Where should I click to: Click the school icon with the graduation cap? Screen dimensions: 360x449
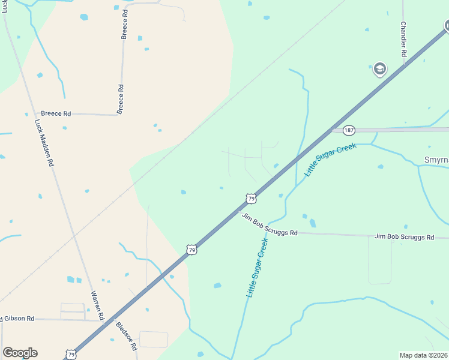pyautogui.click(x=379, y=69)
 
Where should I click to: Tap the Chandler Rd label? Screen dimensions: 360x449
pyautogui.click(x=404, y=40)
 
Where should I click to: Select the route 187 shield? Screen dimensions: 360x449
pyautogui.click(x=349, y=130)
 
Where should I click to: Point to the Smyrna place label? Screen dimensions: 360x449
pyautogui.click(x=436, y=161)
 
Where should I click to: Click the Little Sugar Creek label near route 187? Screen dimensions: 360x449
pyautogui.click(x=330, y=159)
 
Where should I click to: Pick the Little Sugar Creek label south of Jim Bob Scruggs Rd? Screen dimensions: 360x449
pyautogui.click(x=257, y=268)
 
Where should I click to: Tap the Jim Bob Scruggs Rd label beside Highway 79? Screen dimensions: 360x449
pyautogui.click(x=270, y=224)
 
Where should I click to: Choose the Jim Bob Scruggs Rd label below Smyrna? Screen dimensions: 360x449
pyautogui.click(x=404, y=237)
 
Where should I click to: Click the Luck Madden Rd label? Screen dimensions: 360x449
pyautogui.click(x=44, y=142)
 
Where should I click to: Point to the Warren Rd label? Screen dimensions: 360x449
pyautogui.click(x=97, y=305)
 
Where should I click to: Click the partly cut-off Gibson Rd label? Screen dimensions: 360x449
pyautogui.click(x=18, y=319)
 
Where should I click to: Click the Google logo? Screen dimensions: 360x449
pyautogui.click(x=20, y=353)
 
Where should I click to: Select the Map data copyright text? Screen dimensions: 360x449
pyautogui.click(x=424, y=355)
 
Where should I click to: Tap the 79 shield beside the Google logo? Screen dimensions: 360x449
pyautogui.click(x=71, y=355)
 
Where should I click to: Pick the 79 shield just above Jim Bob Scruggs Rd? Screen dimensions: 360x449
pyautogui.click(x=252, y=198)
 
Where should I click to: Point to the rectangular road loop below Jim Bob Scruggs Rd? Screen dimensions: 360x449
pyautogui.click(x=380, y=260)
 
